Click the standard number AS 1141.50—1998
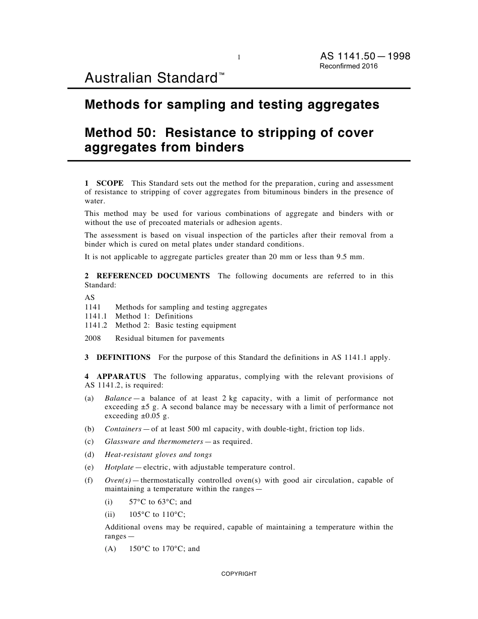pos(365,56)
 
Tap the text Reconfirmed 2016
pos(348,66)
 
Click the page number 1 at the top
pos(239,58)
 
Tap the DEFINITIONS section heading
pos(123,357)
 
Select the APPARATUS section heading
pos(121,376)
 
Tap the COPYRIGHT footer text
pos(239,574)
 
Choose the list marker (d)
pos(90,454)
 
